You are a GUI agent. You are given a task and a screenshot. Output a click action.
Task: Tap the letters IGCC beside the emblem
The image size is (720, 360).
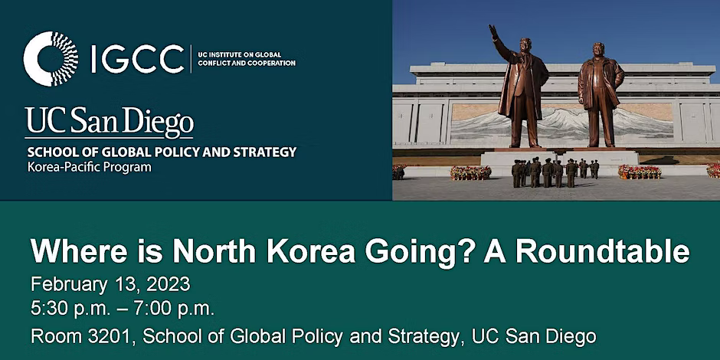click(138, 59)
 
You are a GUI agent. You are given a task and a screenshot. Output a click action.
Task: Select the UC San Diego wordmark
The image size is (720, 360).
click(110, 123)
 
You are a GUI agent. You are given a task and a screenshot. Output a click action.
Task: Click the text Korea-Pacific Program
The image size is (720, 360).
click(89, 168)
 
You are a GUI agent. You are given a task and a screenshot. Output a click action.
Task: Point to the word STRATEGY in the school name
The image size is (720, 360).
click(265, 152)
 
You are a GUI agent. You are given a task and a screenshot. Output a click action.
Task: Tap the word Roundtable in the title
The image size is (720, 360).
click(603, 252)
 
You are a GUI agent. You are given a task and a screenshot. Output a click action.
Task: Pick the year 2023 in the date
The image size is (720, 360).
click(168, 285)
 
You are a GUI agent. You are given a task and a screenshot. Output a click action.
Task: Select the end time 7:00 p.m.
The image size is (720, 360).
click(174, 309)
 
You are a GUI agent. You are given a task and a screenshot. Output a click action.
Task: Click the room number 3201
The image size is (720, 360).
click(113, 336)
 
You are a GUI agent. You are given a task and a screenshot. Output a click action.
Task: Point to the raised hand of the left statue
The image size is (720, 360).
click(493, 31)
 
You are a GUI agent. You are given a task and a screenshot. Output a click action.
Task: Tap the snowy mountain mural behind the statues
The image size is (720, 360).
click(561, 121)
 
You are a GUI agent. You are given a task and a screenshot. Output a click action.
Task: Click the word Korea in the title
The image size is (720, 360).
click(314, 252)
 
